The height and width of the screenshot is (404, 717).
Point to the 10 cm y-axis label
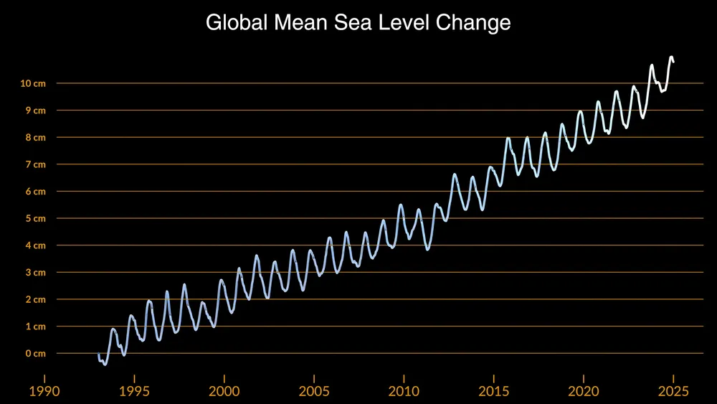tap(33, 83)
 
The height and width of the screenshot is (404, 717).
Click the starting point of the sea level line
tap(99, 354)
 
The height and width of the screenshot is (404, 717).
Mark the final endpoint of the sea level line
tap(673, 62)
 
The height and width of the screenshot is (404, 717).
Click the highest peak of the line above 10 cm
tap(671, 57)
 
